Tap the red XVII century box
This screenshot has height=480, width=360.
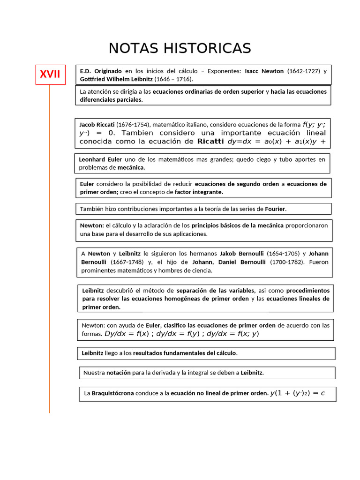(50, 75)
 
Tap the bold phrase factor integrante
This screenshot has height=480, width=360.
(199, 192)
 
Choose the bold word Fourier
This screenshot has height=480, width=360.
(275, 209)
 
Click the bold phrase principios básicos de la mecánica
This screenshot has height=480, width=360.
(238, 225)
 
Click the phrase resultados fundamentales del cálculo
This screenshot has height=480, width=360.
(185, 353)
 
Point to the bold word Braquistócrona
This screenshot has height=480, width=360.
(112, 393)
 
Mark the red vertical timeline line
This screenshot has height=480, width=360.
(49, 281)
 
